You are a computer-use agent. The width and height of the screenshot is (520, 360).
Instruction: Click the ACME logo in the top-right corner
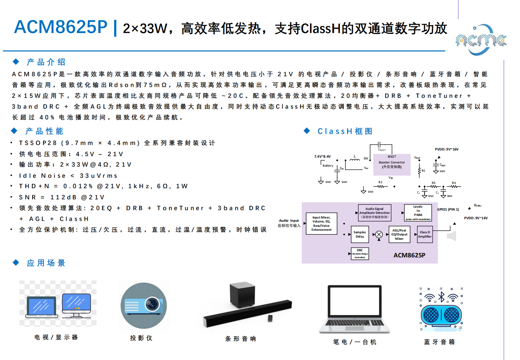(481, 40)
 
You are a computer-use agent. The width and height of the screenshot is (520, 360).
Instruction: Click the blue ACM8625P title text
(60, 27)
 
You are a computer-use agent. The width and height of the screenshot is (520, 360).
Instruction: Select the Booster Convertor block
(392, 165)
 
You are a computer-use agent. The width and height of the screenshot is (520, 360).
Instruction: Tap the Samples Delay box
(359, 234)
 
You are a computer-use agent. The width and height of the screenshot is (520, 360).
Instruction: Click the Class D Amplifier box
(425, 234)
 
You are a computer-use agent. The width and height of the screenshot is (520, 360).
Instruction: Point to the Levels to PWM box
(418, 213)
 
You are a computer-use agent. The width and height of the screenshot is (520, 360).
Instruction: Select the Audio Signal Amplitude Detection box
(374, 213)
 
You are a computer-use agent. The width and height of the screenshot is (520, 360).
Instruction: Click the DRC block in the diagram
(360, 254)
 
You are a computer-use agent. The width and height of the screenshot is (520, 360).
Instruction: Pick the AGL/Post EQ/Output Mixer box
(399, 234)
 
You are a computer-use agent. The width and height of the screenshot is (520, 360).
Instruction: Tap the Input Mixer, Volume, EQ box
(321, 224)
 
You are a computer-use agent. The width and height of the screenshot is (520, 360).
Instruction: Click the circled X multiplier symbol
(379, 235)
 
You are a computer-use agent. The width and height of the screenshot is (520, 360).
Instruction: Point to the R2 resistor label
(380, 183)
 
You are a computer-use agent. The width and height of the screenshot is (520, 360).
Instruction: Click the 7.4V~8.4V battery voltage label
(322, 157)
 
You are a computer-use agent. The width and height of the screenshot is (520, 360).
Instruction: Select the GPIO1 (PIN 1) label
(448, 209)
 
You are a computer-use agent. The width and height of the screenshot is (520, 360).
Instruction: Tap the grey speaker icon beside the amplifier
(452, 236)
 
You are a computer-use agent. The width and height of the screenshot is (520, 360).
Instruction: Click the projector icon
(144, 306)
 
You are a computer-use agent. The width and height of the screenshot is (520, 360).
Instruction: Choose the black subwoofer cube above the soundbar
(242, 294)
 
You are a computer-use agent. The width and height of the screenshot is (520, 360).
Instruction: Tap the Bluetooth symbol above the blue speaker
(441, 297)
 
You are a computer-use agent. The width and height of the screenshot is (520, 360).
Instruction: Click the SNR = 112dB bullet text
(62, 197)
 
